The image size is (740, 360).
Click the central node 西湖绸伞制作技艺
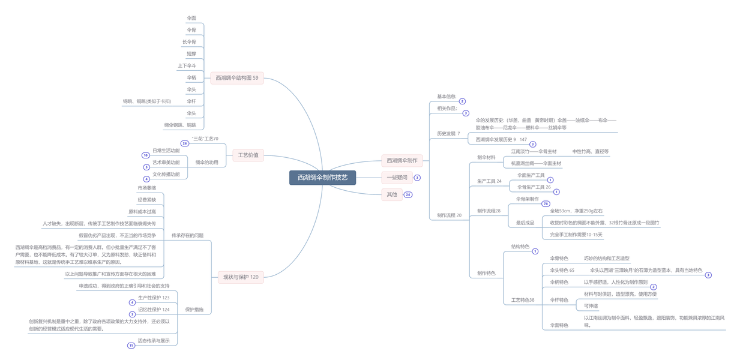322,178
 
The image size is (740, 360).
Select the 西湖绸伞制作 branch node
402,160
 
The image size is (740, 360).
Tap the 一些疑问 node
396,178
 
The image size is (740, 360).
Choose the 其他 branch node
391,194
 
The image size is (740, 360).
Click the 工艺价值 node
248,155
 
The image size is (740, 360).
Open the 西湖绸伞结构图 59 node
237,78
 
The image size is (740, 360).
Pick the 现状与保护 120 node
241,277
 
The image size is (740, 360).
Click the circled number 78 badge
546,204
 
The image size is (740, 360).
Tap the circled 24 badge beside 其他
408,194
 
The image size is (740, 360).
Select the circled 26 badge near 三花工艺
185,143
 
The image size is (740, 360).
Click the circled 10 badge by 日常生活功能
146,155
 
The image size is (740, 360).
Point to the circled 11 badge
131,346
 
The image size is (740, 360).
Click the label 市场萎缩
146,188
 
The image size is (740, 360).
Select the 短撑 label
191,54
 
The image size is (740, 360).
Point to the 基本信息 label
447,97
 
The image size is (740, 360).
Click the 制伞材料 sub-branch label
486,157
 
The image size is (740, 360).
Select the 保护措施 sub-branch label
194,310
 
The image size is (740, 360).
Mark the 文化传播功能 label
166,175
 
